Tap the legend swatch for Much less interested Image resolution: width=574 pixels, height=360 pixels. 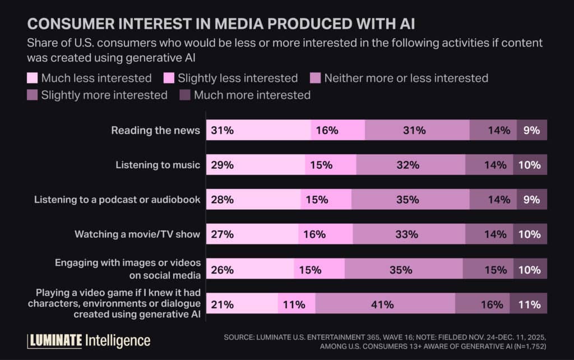[33, 78]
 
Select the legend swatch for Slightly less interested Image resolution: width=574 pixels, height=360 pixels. [169, 78]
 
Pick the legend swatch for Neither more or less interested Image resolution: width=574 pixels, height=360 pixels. [316, 78]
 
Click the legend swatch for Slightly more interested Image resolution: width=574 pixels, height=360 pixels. [33, 95]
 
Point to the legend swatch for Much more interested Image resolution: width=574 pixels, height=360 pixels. [185, 95]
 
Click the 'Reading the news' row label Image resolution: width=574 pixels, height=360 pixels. [155, 130]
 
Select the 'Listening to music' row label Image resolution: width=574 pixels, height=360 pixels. [158, 165]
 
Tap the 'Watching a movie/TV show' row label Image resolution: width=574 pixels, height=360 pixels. [137, 234]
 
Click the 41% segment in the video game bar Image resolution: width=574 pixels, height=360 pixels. [385, 304]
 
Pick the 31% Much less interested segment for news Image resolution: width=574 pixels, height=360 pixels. [258, 130]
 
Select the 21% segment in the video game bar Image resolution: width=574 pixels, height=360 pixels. [242, 304]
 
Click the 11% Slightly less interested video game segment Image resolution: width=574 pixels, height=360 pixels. [297, 304]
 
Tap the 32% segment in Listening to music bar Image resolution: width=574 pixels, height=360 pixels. [410, 165]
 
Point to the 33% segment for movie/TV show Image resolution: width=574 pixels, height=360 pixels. [409, 234]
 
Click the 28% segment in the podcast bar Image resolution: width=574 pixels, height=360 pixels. [253, 199]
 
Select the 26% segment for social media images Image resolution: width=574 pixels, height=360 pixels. [250, 269]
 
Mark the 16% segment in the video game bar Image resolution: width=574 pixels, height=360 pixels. [482, 304]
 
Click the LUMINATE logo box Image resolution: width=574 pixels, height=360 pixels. [55, 340]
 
